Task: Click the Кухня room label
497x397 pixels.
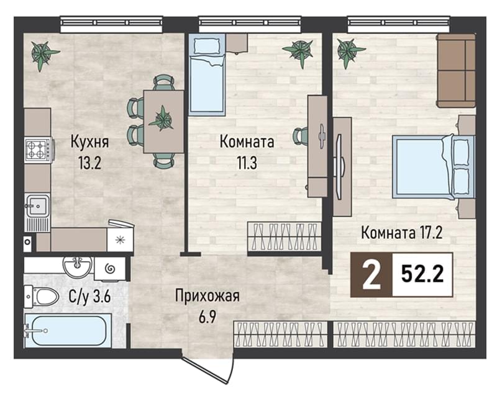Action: (x=89, y=141)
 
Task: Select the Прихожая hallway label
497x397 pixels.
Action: (x=207, y=297)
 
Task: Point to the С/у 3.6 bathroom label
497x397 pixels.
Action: (x=89, y=297)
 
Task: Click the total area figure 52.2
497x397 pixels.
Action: (x=422, y=274)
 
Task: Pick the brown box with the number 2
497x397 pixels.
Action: (x=372, y=275)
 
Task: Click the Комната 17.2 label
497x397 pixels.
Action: (x=401, y=233)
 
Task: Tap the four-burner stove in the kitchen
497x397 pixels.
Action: (x=38, y=149)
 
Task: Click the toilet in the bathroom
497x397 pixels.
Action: (x=42, y=297)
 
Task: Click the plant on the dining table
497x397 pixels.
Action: (x=162, y=118)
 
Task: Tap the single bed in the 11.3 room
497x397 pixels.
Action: (x=207, y=74)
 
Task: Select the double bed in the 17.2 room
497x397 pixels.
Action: (x=434, y=166)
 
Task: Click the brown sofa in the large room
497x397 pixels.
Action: (x=456, y=71)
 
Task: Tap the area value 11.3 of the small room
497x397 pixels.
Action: (x=247, y=163)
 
